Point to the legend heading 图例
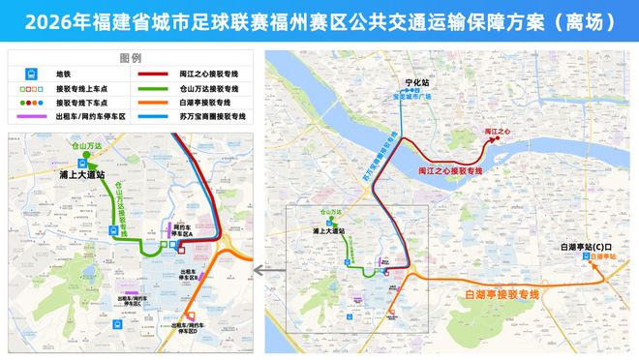click(x=131, y=58)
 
